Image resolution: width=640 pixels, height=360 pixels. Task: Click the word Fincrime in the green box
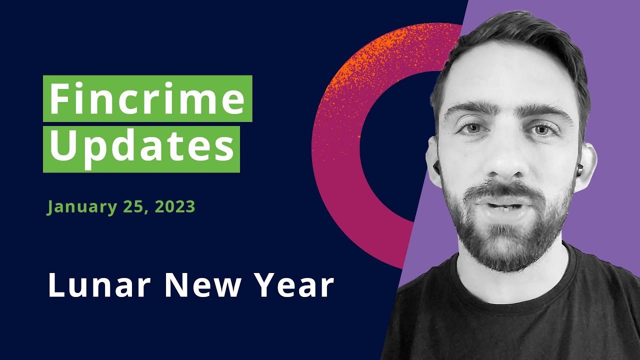(147, 98)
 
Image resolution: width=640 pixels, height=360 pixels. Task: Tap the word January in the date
(82, 207)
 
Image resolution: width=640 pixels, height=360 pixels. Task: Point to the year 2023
(175, 206)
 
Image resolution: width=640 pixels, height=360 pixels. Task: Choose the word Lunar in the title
(99, 285)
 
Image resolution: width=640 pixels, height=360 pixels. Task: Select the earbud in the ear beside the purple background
(579, 169)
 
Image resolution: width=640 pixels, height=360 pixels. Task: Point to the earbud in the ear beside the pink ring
(436, 167)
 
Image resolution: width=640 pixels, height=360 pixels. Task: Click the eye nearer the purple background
(541, 130)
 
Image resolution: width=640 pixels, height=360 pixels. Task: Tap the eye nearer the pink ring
(472, 128)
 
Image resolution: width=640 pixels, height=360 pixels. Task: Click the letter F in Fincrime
(58, 98)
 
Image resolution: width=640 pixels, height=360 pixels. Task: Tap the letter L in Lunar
(56, 285)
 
